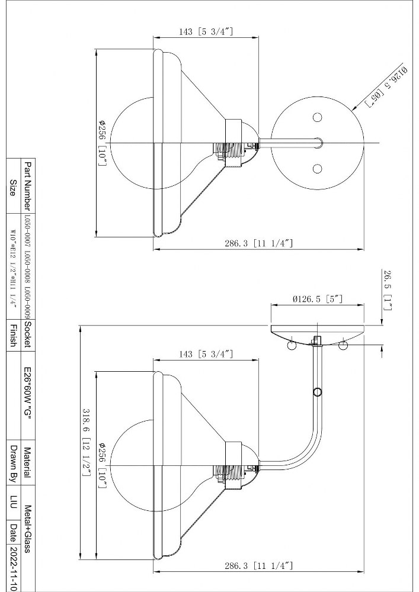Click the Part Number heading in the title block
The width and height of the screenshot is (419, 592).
[27, 186]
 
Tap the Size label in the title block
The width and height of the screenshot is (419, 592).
[12, 188]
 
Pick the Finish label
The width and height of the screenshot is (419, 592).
[12, 335]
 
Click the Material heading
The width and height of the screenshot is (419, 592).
[27, 462]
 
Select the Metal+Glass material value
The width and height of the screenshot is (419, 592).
[27, 529]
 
